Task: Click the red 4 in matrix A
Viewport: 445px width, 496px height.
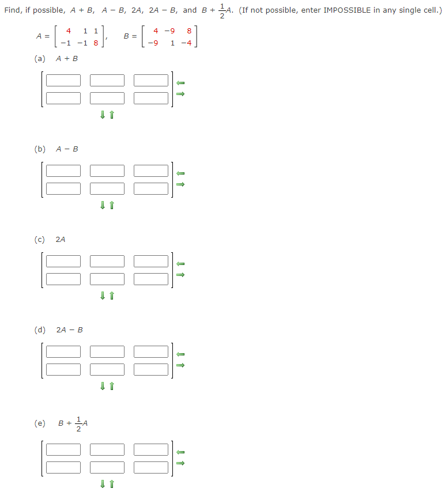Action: (x=69, y=31)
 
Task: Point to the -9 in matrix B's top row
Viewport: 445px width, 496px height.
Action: (x=169, y=31)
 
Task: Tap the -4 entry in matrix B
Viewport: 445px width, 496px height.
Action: (x=186, y=42)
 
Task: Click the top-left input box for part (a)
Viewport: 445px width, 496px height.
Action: (x=63, y=81)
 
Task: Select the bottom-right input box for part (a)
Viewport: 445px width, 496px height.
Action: (x=151, y=98)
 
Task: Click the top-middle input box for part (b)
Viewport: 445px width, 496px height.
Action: (x=107, y=171)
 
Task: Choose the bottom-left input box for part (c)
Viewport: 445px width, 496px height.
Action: (x=63, y=279)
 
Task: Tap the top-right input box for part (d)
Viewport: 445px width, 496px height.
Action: (x=151, y=351)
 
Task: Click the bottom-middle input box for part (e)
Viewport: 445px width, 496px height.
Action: (x=107, y=467)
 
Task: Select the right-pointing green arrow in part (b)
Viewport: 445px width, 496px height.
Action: (x=180, y=184)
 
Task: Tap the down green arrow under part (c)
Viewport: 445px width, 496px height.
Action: (x=103, y=296)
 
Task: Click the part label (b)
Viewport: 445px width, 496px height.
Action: (x=40, y=149)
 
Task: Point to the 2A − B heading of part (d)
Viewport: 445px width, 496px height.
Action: (x=69, y=330)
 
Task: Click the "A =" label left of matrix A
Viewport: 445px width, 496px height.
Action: (x=43, y=36)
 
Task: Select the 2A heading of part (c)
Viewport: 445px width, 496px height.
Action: (x=61, y=240)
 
